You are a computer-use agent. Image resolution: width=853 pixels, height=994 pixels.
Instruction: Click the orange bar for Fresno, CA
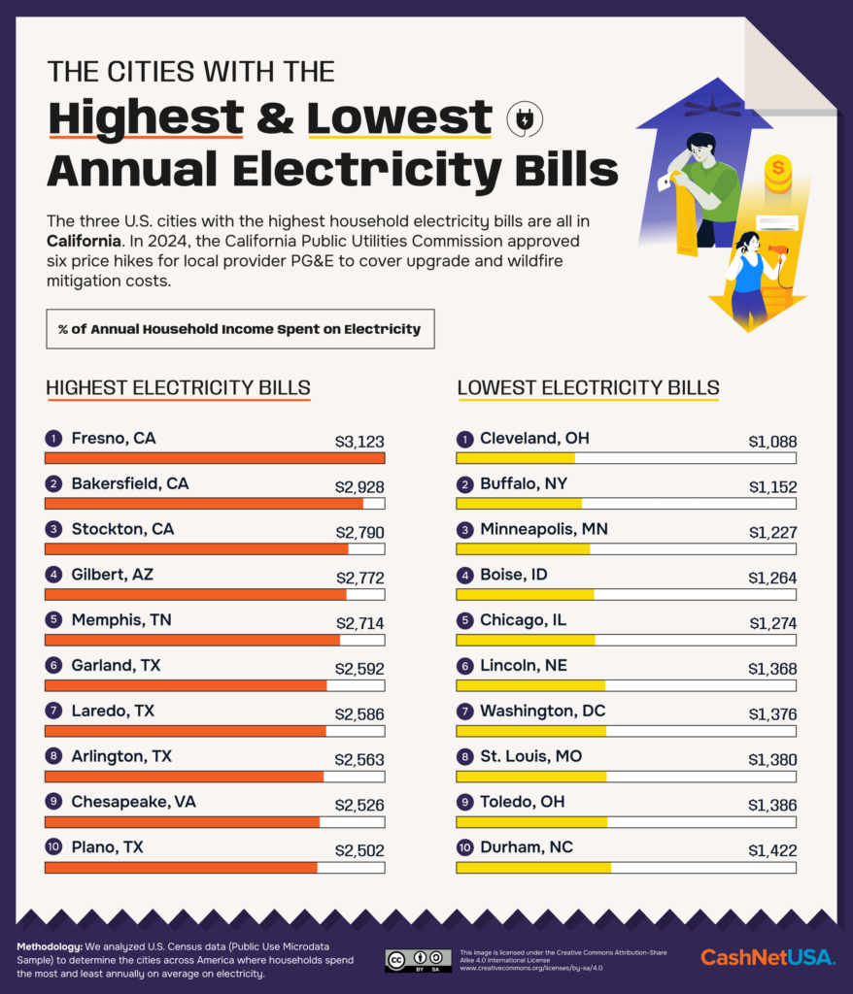(x=215, y=458)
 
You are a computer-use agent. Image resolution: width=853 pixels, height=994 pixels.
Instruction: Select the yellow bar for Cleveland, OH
(x=516, y=458)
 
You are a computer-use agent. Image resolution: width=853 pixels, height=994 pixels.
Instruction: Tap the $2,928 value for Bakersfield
(x=359, y=486)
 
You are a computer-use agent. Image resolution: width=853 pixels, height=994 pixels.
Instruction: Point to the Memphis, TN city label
(x=120, y=620)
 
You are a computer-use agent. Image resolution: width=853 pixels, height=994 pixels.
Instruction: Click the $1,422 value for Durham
(x=772, y=850)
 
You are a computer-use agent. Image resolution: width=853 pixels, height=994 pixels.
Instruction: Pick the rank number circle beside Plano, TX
(x=53, y=847)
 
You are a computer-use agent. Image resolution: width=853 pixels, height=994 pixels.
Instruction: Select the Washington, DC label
(x=542, y=712)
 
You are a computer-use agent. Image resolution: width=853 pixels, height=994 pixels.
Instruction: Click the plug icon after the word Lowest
(x=525, y=119)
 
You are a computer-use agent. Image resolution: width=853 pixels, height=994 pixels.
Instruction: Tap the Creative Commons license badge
(x=418, y=960)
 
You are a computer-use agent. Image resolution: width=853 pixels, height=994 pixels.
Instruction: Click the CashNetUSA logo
(x=767, y=957)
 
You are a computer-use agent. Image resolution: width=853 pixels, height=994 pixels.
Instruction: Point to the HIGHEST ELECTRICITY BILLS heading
(x=178, y=388)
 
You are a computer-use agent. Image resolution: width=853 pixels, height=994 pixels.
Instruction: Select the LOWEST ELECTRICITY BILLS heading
(x=588, y=388)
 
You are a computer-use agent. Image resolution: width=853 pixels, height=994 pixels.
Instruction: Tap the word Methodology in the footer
(x=54, y=946)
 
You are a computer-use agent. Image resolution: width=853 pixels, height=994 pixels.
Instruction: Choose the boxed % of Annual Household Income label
(x=240, y=329)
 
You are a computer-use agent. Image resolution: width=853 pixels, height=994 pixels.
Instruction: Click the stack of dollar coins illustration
(x=777, y=176)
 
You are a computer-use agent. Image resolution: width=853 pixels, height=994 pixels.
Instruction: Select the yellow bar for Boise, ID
(x=525, y=594)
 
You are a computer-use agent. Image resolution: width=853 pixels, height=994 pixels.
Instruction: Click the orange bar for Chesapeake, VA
(x=183, y=822)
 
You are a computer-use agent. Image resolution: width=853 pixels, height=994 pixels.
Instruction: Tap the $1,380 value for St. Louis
(x=772, y=759)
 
